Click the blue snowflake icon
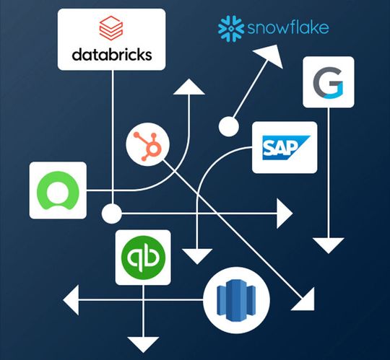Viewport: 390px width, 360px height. (231, 28)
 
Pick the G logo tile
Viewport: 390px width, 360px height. (329, 82)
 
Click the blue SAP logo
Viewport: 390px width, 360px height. (284, 148)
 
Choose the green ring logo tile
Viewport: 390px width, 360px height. (57, 190)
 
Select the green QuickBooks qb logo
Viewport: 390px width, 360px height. (143, 257)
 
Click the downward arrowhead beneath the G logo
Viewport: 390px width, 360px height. (329, 244)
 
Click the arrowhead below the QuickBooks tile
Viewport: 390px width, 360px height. (143, 343)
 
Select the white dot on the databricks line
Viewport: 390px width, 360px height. (111, 214)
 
